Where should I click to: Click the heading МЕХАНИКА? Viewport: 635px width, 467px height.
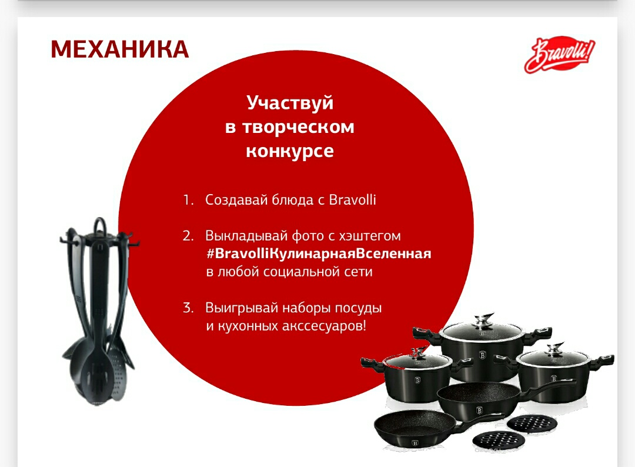pos(119,49)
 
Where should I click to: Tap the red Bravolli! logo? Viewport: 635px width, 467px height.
pos(560,55)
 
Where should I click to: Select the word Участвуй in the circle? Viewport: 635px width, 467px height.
pos(290,103)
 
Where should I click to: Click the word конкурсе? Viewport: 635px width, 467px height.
pos(290,151)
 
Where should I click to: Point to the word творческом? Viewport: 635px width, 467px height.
pos(298,127)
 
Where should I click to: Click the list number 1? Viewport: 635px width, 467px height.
pos(188,199)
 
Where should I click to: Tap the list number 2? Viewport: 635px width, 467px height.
pos(188,236)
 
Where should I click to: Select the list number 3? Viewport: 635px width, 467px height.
pos(188,308)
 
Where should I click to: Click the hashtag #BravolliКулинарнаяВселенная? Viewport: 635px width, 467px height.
pos(319,253)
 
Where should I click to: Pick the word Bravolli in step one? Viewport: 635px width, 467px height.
pos(352,199)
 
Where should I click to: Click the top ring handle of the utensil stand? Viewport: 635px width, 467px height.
pos(99,225)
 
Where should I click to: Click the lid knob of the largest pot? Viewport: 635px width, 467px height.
pos(484,319)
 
